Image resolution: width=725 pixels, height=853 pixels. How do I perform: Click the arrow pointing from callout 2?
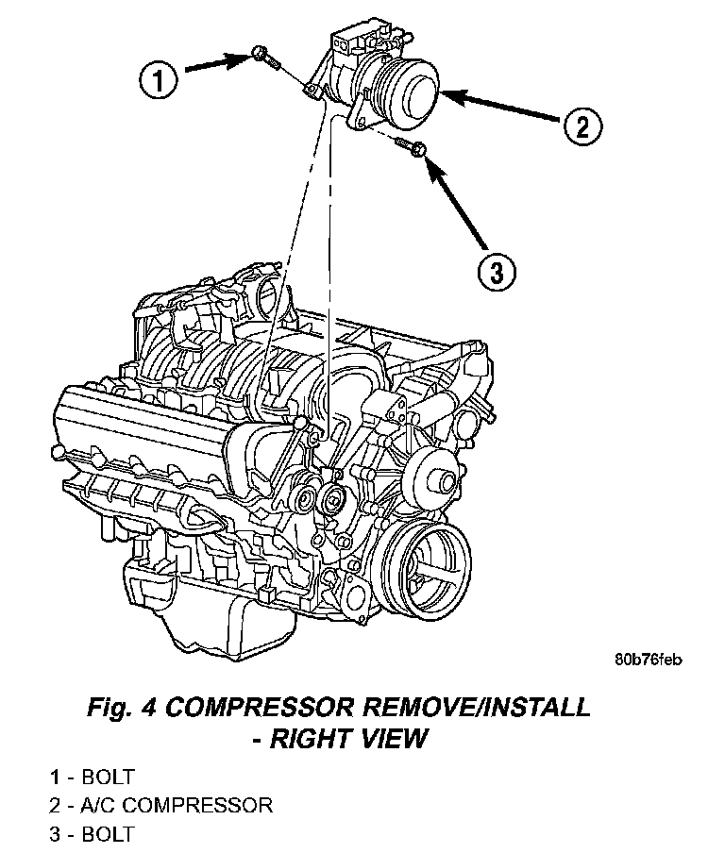(499, 108)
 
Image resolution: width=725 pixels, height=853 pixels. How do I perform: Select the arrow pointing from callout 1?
(217, 64)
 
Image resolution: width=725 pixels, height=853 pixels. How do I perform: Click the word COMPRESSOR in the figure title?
(268, 707)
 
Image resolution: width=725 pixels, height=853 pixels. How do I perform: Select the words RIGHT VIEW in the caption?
(348, 738)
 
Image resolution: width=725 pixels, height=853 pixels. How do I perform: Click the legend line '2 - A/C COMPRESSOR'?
(160, 806)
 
